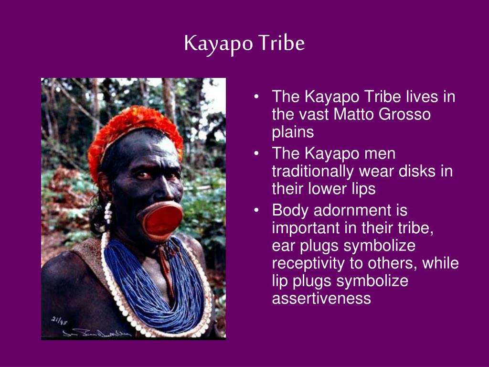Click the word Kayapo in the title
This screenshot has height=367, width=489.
pos(218,43)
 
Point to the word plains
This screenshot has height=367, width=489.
pos(293,132)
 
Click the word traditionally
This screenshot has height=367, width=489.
pos(313,172)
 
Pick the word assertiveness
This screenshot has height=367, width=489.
pos(321,298)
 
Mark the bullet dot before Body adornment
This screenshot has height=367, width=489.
pos(256,210)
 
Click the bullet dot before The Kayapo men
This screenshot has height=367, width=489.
pos(256,153)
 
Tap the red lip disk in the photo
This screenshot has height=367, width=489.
pos(161,221)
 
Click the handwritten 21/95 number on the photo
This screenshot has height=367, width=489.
pos(59,321)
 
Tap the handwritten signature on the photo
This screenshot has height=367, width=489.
pos(97,333)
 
